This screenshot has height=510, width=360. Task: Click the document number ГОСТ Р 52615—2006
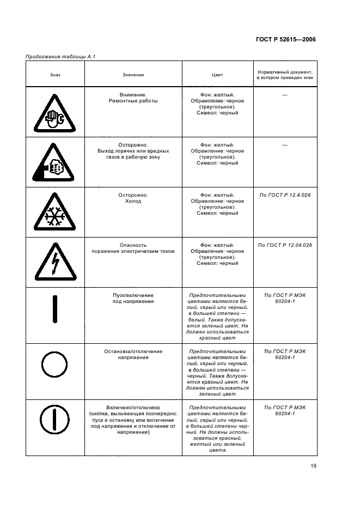pyautogui.click(x=285, y=39)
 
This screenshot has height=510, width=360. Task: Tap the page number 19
pyautogui.click(x=313, y=465)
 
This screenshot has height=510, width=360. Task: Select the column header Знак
pyautogui.click(x=55, y=74)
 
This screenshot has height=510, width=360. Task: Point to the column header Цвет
pyautogui.click(x=217, y=74)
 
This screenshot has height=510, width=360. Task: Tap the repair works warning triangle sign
pyautogui.click(x=55, y=113)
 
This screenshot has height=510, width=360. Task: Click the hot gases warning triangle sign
pyautogui.click(x=55, y=163)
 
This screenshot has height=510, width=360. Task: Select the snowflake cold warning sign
pyautogui.click(x=55, y=214)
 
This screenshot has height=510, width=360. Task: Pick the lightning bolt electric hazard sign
pyautogui.click(x=55, y=263)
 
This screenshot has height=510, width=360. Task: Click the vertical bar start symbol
pyautogui.click(x=55, y=310)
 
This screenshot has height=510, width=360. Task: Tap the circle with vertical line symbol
pyautogui.click(x=55, y=421)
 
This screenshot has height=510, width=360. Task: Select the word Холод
pyautogui.click(x=133, y=201)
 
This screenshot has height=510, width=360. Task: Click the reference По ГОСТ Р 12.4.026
pyautogui.click(x=284, y=195)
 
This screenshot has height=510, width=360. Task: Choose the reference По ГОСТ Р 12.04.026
pyautogui.click(x=284, y=245)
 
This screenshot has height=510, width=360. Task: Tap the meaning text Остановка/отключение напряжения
pyautogui.click(x=133, y=354)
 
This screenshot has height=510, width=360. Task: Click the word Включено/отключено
pyautogui.click(x=133, y=407)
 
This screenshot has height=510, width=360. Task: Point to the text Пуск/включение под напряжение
pyautogui.click(x=133, y=297)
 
